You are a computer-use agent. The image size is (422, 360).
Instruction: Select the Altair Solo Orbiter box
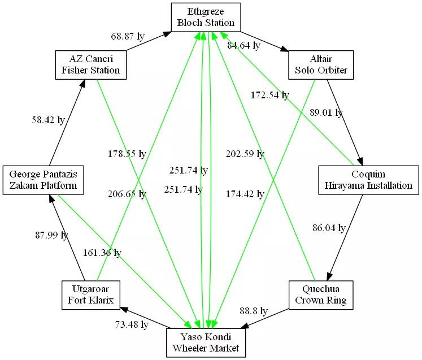321,65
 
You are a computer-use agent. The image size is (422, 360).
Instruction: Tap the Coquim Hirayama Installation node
368,180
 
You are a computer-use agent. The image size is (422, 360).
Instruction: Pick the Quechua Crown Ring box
321,294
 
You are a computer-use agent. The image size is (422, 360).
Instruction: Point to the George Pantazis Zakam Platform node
43,180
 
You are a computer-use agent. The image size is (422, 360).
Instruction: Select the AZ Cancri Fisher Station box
90,65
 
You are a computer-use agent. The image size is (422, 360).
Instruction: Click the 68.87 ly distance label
128,36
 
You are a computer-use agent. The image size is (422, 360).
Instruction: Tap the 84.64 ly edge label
243,45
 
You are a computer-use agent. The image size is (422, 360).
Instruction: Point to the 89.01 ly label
326,112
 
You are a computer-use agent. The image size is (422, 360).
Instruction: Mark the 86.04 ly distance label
329,228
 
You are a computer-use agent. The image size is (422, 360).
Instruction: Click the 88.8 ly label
254,311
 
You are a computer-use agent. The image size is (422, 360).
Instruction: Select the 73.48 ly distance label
132,324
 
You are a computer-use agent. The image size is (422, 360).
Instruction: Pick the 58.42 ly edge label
47,120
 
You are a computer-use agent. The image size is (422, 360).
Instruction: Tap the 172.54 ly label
269,95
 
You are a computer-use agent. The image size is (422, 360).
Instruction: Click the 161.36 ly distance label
102,253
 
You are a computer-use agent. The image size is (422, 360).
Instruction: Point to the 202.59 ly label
245,154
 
